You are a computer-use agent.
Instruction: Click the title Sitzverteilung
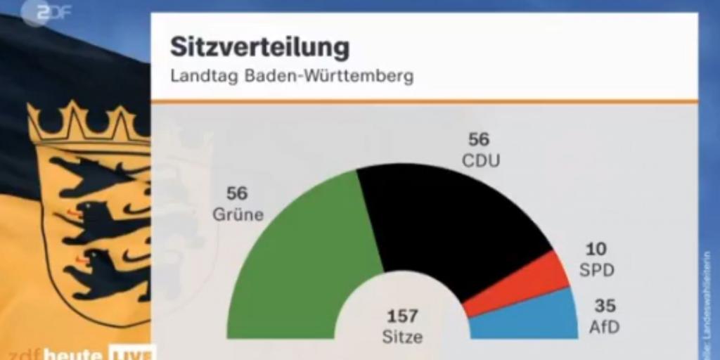tap(259, 48)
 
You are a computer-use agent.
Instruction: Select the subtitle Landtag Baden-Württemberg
tap(292, 76)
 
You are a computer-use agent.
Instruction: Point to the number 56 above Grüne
tap(237, 193)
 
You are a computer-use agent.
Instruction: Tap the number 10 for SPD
tap(596, 249)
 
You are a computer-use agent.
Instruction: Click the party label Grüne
tap(238, 214)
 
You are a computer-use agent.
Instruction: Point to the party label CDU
tap(481, 161)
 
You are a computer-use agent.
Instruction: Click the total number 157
tap(402, 316)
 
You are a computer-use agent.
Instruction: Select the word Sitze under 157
tap(402, 337)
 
